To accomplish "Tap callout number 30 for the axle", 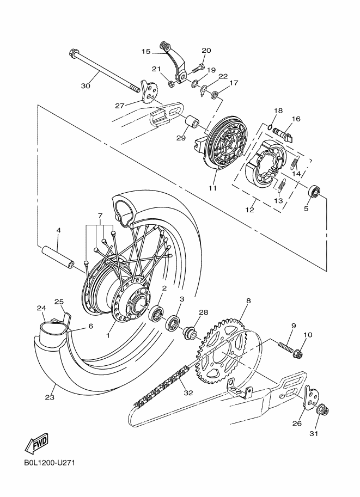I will coord(85,86).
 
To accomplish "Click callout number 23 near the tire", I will coord(50,398).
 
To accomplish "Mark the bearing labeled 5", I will coord(315,192).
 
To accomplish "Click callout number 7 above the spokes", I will coord(99,216).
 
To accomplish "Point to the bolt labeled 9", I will coord(286,346).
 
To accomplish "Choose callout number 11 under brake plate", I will coord(212,188).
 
